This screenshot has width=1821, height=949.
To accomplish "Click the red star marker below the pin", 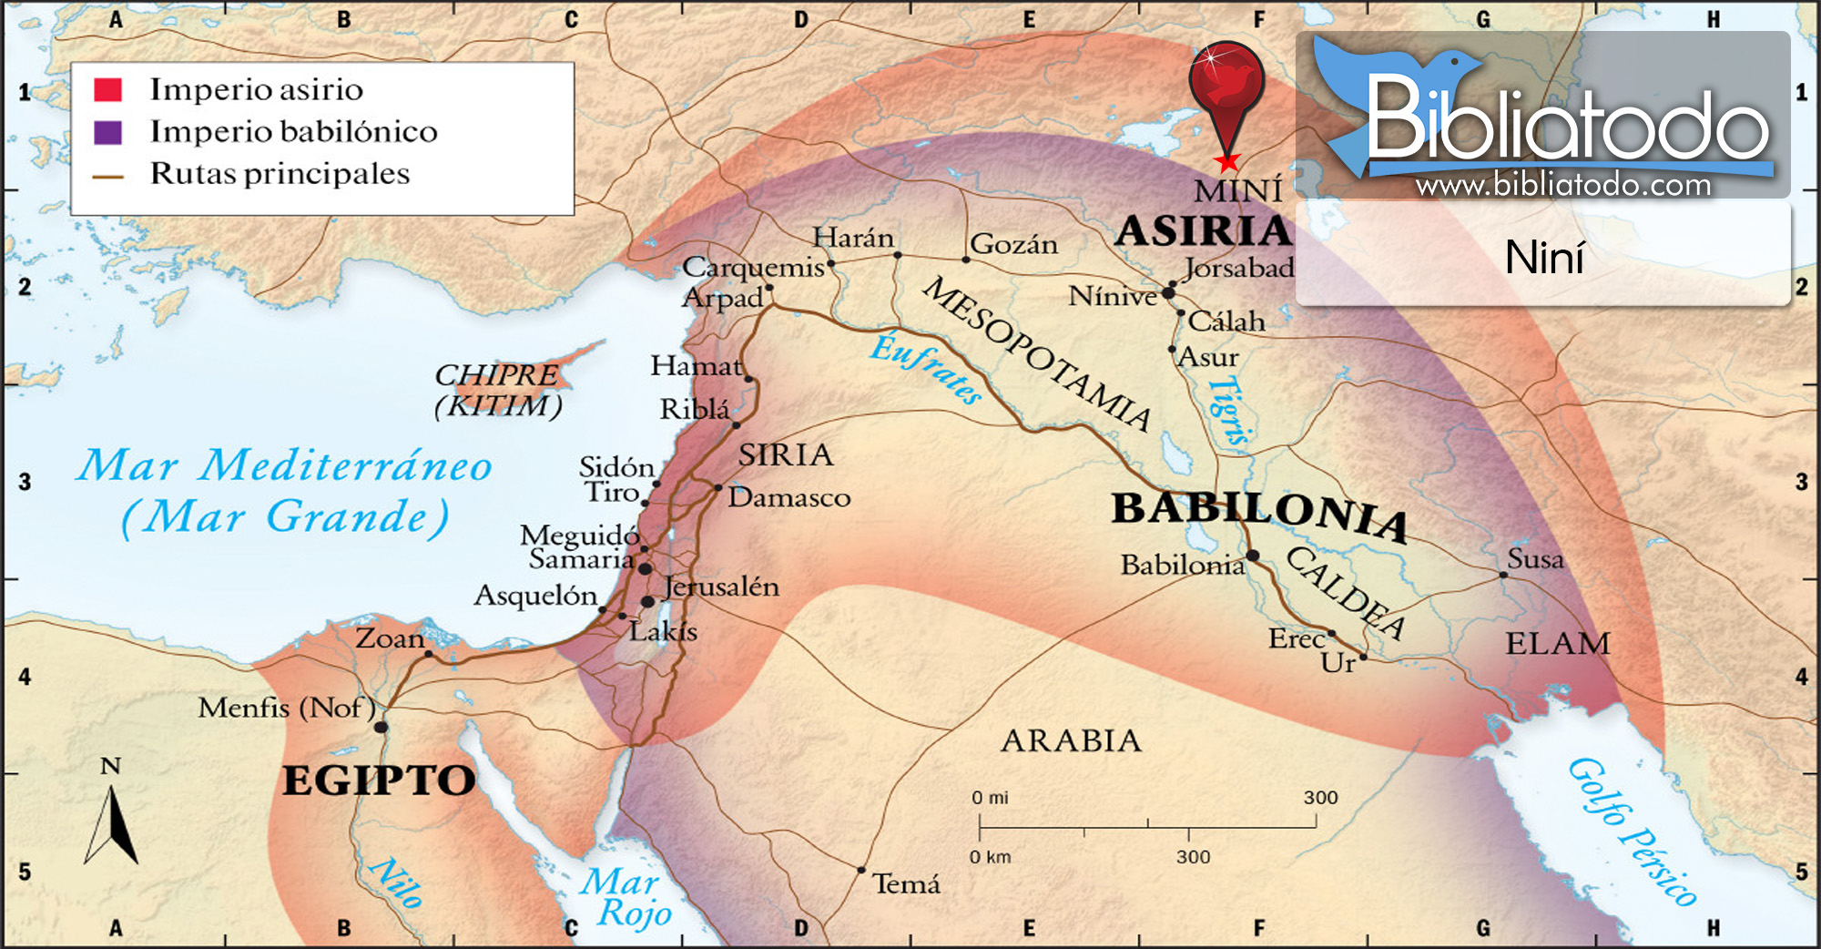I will click(1227, 163).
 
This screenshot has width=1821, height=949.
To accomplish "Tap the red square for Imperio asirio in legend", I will click(107, 89).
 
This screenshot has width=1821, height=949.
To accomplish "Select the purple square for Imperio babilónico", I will click(107, 132).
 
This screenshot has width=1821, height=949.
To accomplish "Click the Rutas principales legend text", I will click(280, 173).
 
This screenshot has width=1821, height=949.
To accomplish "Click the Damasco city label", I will click(788, 497).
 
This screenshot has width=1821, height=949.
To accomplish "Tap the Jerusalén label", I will click(721, 587).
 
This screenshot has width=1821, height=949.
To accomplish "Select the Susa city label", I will click(1535, 558).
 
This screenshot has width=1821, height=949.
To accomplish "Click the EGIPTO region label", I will click(379, 781).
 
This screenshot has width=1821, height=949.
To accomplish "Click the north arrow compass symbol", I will click(111, 824).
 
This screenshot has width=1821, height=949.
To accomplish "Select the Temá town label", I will click(906, 883).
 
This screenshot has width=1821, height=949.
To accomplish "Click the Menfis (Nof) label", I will click(287, 708).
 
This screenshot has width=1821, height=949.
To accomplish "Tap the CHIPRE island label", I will click(496, 374).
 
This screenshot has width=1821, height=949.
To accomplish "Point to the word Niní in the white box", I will click(1544, 258).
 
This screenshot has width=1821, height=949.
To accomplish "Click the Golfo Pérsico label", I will click(1630, 832).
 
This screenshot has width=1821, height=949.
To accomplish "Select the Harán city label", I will click(853, 238).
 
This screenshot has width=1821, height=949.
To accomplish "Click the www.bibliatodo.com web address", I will click(1562, 186).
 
